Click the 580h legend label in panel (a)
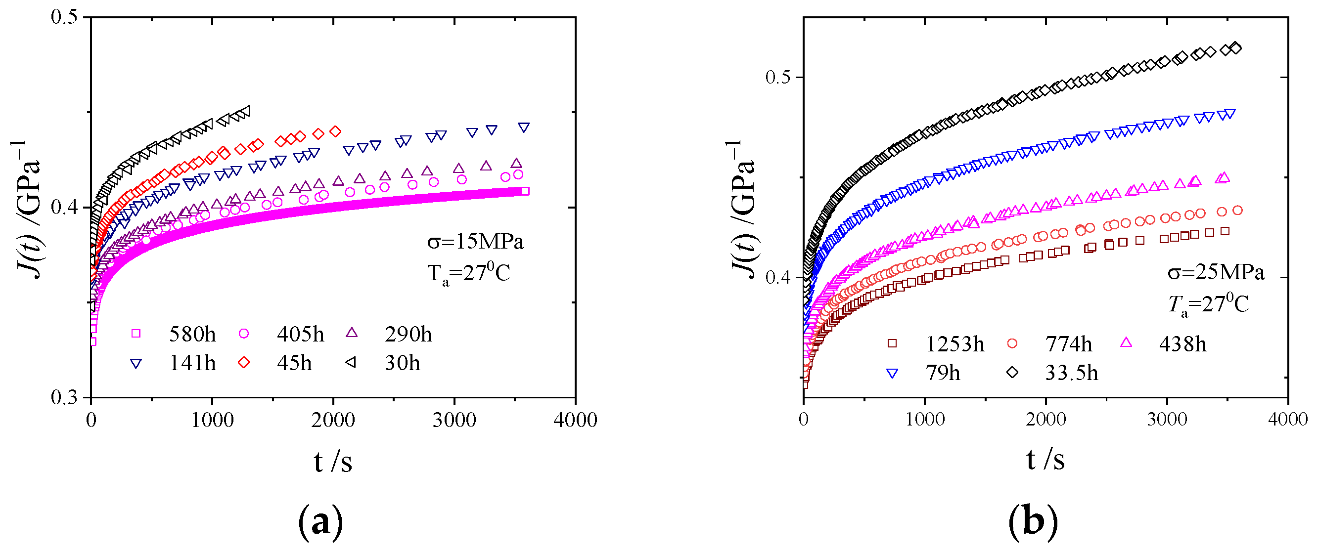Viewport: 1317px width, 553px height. (x=192, y=334)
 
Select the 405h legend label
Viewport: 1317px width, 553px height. (x=300, y=334)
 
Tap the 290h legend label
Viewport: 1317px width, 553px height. (x=408, y=334)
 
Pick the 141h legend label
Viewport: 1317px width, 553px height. (x=192, y=363)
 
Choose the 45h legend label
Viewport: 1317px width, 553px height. (x=294, y=363)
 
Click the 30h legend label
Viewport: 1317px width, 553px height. (x=402, y=363)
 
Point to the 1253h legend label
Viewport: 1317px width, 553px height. (x=954, y=344)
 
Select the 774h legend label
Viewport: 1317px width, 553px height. (x=1068, y=344)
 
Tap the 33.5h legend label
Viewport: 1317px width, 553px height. (x=1071, y=373)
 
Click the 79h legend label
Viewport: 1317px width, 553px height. (x=942, y=373)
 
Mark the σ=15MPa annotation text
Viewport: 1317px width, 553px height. (x=475, y=241)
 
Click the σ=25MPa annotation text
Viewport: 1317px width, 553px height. (x=1216, y=272)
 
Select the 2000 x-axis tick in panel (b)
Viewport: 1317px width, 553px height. (x=1045, y=420)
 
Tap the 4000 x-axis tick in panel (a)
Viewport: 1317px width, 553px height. (x=575, y=420)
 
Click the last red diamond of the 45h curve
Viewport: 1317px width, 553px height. (x=335, y=131)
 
